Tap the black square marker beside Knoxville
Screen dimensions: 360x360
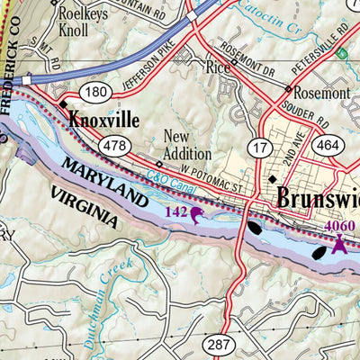pos(64,105)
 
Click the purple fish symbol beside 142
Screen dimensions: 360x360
pos(197,213)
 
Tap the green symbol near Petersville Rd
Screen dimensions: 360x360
pos(340,54)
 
